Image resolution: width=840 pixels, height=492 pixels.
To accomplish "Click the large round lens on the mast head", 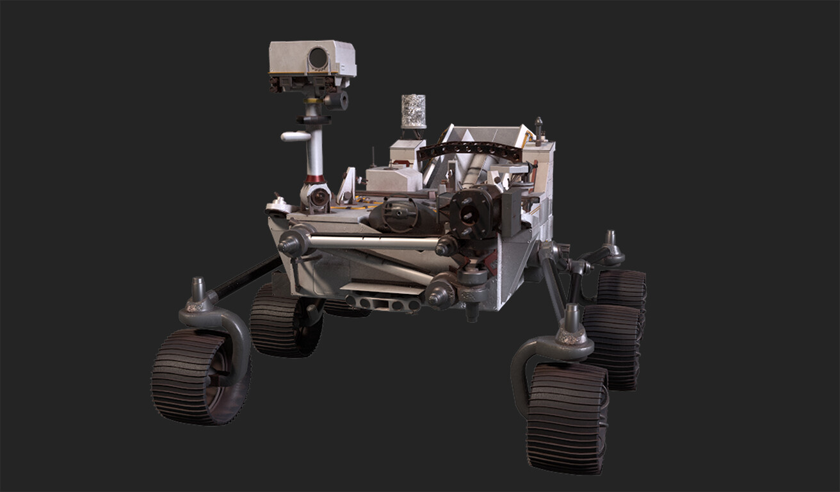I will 318,58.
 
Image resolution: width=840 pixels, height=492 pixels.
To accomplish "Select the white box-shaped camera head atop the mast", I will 312,60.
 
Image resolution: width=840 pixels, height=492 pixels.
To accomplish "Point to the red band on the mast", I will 314,179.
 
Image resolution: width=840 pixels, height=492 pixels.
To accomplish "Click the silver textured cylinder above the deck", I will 413,111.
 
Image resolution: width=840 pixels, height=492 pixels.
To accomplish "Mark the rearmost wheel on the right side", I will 622,288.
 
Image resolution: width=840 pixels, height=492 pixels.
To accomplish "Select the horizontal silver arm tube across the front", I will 371,243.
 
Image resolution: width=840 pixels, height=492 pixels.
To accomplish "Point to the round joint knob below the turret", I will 441,293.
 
